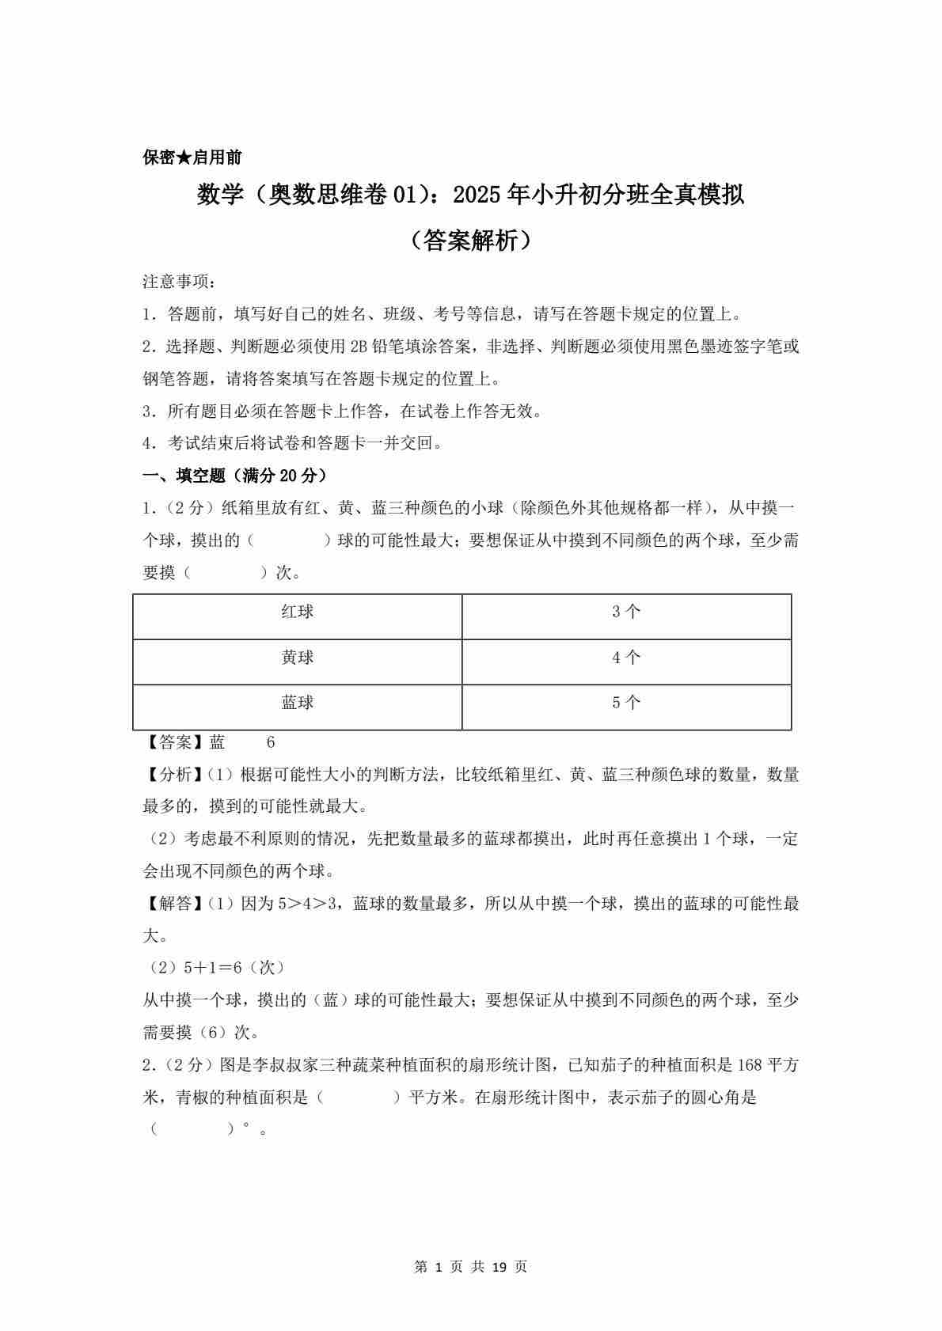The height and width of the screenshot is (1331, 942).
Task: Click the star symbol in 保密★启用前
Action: (x=184, y=157)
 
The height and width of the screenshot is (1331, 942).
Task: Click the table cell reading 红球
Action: (x=298, y=612)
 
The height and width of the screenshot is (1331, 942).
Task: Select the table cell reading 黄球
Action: (x=298, y=658)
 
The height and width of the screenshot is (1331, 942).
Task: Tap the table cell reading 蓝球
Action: (x=298, y=703)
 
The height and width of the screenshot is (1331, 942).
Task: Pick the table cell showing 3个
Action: (x=626, y=612)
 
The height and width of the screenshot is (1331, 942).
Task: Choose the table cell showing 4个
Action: (x=626, y=658)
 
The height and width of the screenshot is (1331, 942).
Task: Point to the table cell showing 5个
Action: (x=626, y=703)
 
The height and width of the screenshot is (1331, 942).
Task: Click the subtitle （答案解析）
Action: (x=471, y=241)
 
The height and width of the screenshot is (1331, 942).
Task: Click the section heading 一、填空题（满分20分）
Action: (x=235, y=476)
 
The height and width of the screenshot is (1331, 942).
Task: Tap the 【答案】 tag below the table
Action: (x=175, y=742)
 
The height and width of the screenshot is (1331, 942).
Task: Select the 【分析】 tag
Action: (x=175, y=775)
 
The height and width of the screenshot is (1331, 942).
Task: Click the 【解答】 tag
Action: (x=175, y=904)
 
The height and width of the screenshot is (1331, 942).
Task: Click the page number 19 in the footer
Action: (x=499, y=1267)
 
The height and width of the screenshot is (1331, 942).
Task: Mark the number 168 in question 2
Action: (x=749, y=1065)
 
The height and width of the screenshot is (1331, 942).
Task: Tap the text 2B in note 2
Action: (x=359, y=347)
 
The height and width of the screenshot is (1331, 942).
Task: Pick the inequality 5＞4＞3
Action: (x=308, y=904)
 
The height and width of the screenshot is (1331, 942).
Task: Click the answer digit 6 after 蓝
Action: (x=271, y=742)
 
